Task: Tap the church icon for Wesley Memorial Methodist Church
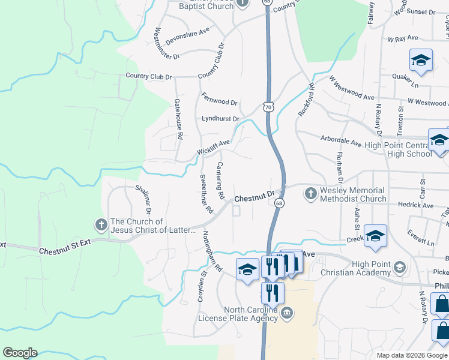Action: pos(310,193)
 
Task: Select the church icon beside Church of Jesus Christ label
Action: pos(101,225)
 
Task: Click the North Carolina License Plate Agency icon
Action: pos(287,313)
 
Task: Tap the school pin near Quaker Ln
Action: pos(421,61)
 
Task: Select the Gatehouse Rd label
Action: pos(178,119)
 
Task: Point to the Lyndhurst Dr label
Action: pos(220,119)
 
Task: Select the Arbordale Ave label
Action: pos(340,144)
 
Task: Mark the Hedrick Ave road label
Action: pos(415,205)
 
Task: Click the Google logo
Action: pos(20,353)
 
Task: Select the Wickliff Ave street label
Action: pos(213,147)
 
